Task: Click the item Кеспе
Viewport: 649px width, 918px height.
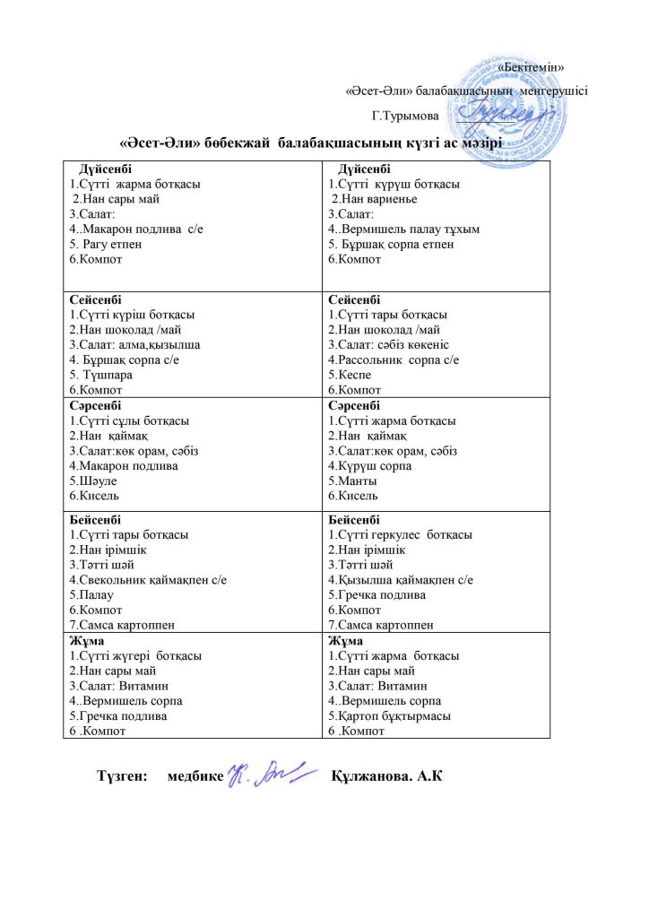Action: click(347, 375)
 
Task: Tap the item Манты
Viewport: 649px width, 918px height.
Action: click(350, 481)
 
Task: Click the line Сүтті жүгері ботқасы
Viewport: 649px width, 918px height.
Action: click(134, 655)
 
